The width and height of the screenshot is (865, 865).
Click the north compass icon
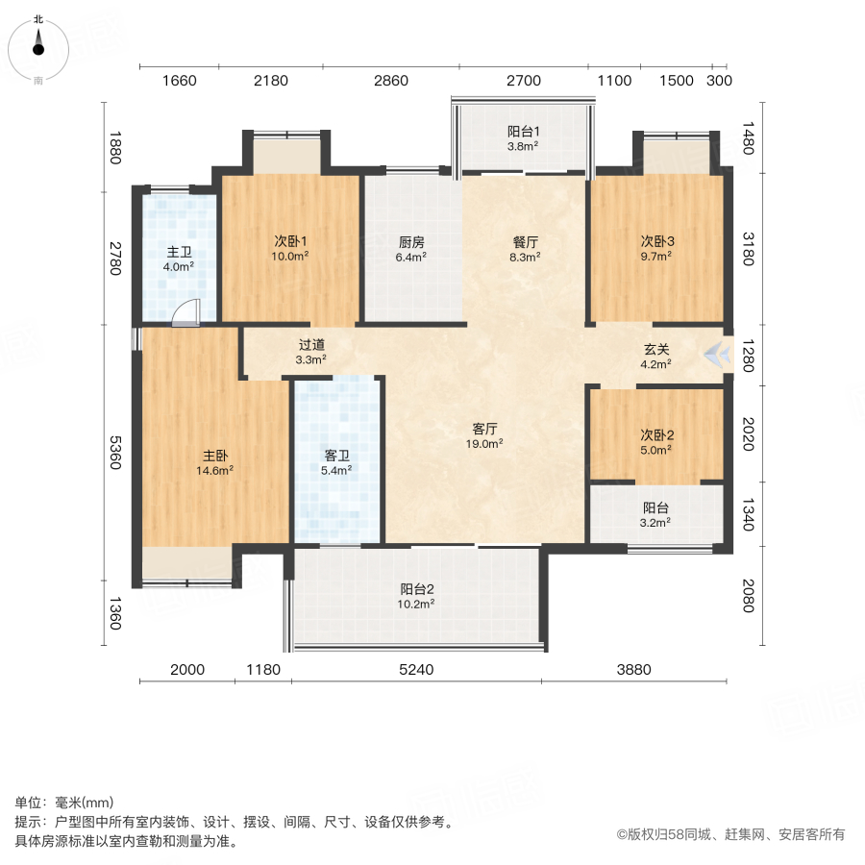(x=38, y=43)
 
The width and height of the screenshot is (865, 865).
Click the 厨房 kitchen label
(x=412, y=243)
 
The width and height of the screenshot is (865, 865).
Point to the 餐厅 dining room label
(x=525, y=243)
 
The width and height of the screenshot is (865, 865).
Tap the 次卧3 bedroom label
(x=658, y=243)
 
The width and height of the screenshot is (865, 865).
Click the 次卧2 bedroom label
(x=657, y=434)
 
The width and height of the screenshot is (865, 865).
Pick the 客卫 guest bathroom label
(x=335, y=457)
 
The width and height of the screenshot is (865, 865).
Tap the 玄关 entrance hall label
(x=657, y=351)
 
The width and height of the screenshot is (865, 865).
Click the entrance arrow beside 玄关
(x=715, y=355)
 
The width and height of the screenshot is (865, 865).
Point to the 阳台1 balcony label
(x=524, y=133)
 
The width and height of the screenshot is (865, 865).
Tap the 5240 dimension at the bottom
(x=416, y=670)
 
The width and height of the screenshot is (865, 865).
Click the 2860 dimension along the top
(x=390, y=81)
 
